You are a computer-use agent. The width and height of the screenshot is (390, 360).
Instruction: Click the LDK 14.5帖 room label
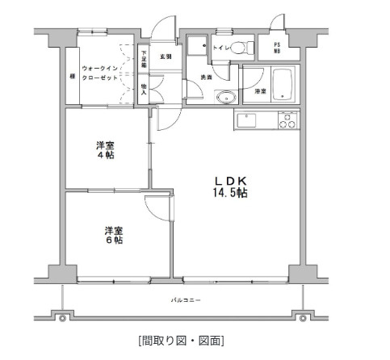(x=229, y=186)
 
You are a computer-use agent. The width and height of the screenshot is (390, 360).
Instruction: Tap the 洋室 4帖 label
(x=104, y=149)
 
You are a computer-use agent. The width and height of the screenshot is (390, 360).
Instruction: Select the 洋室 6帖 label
(x=112, y=235)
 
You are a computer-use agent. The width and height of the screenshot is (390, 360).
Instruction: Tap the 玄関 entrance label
(x=166, y=57)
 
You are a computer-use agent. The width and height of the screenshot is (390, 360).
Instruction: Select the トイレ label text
(x=218, y=48)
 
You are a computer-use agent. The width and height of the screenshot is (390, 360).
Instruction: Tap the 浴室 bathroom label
(x=260, y=92)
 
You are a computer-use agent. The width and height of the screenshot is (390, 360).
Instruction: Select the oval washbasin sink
(x=224, y=98)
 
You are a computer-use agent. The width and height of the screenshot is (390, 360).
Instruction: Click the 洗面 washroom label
(x=207, y=77)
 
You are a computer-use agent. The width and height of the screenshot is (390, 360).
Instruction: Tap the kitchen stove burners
(x=287, y=120)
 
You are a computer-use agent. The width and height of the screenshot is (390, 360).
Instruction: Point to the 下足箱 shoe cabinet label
(x=144, y=59)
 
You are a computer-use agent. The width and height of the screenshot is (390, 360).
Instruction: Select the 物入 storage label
(x=144, y=89)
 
